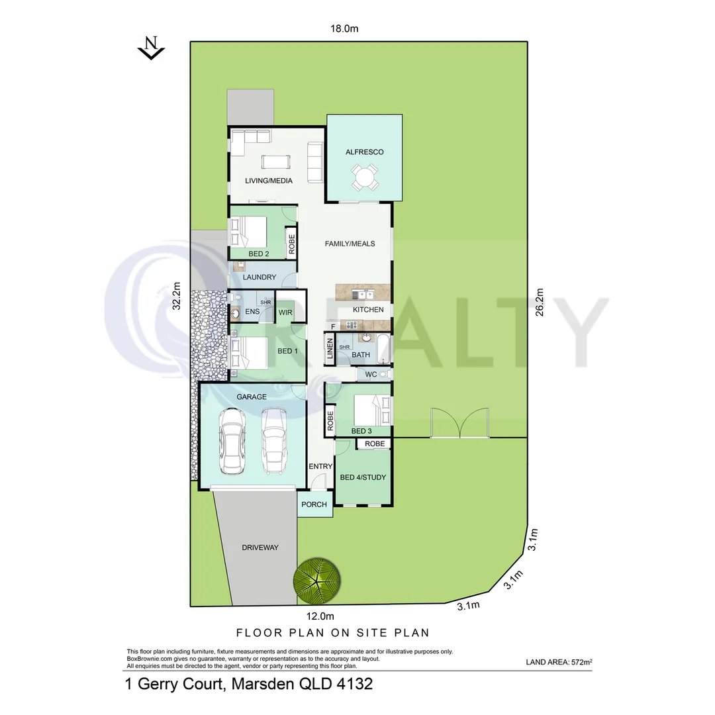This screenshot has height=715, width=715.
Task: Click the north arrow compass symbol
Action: point(152,48)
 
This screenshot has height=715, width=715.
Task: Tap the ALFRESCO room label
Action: point(364,152)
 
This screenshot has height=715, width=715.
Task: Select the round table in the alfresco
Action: point(365,177)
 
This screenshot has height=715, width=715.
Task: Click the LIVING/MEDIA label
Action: point(268,181)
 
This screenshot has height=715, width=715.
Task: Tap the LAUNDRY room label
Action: point(260,277)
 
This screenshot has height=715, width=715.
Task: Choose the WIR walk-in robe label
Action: point(285,312)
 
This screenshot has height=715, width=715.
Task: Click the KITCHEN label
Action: point(368,310)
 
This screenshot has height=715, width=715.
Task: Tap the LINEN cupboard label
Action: point(329,350)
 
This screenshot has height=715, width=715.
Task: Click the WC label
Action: point(371,375)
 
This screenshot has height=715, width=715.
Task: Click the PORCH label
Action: point(314,504)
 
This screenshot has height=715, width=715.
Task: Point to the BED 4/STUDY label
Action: point(363,477)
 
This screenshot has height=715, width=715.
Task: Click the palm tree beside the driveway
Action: point(318,581)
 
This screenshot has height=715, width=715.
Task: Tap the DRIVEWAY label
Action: point(260,548)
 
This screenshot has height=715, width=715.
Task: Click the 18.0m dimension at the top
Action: point(344,28)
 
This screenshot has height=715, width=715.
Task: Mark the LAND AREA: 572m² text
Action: point(559,661)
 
